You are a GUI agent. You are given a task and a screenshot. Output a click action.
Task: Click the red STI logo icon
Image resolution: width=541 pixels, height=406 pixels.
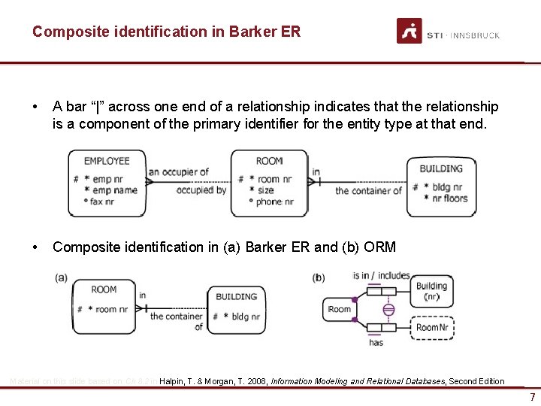pos(410,31)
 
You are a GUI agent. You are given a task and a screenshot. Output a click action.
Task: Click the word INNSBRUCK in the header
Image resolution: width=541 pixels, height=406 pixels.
pos(475,35)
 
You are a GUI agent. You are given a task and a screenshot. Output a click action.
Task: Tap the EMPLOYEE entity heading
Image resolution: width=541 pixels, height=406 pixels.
pos(107,161)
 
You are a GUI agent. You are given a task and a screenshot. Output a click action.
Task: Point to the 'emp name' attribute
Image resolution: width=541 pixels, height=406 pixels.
pos(115,190)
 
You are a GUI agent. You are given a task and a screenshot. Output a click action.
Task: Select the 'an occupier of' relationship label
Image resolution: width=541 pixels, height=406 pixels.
pos(178,172)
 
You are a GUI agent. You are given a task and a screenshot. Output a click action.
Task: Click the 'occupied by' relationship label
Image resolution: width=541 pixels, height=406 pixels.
pos(201,191)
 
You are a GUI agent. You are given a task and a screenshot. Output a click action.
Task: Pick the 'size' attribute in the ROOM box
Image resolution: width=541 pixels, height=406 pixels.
pos(265,190)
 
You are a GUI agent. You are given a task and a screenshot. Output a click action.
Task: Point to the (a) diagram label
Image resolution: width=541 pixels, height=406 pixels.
pos(61,277)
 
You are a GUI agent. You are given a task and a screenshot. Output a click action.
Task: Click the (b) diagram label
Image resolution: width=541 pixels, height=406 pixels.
pos(319,277)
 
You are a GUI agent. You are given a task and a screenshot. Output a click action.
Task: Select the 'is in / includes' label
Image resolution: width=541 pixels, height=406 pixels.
pos(381,276)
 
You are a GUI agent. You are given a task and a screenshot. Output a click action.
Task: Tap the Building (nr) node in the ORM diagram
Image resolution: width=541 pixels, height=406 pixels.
pos(431,291)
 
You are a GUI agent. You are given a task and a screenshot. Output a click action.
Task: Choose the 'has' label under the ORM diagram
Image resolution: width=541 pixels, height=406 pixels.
pos(376,343)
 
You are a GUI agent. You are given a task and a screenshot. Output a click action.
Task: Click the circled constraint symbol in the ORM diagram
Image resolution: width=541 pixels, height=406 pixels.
pos(388,310)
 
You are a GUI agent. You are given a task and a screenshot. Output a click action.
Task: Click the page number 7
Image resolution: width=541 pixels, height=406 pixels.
pos(532,396)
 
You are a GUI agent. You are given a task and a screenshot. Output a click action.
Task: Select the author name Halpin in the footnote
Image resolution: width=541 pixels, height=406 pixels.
pos(174,381)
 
